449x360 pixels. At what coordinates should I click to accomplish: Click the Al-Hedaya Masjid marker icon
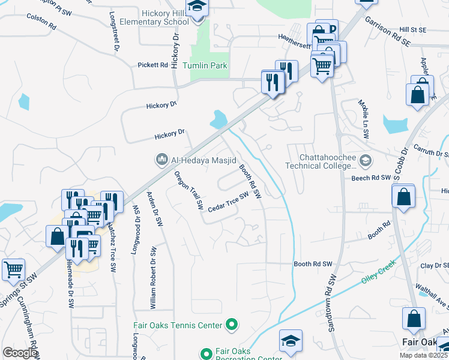click(161, 160)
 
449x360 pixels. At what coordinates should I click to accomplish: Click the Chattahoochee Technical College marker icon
click(365, 160)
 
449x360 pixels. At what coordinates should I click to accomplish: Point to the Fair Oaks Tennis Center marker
click(232, 326)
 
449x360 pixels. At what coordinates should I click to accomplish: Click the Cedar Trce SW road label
click(228, 202)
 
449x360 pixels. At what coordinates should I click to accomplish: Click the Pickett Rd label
click(152, 65)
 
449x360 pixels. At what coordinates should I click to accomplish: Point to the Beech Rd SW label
click(372, 178)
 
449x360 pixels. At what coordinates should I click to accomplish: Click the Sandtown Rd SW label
click(333, 307)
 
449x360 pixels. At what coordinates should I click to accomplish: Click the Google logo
click(19, 353)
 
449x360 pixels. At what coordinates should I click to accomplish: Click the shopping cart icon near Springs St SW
click(13, 270)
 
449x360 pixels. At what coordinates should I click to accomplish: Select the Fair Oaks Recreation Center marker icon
click(206, 353)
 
